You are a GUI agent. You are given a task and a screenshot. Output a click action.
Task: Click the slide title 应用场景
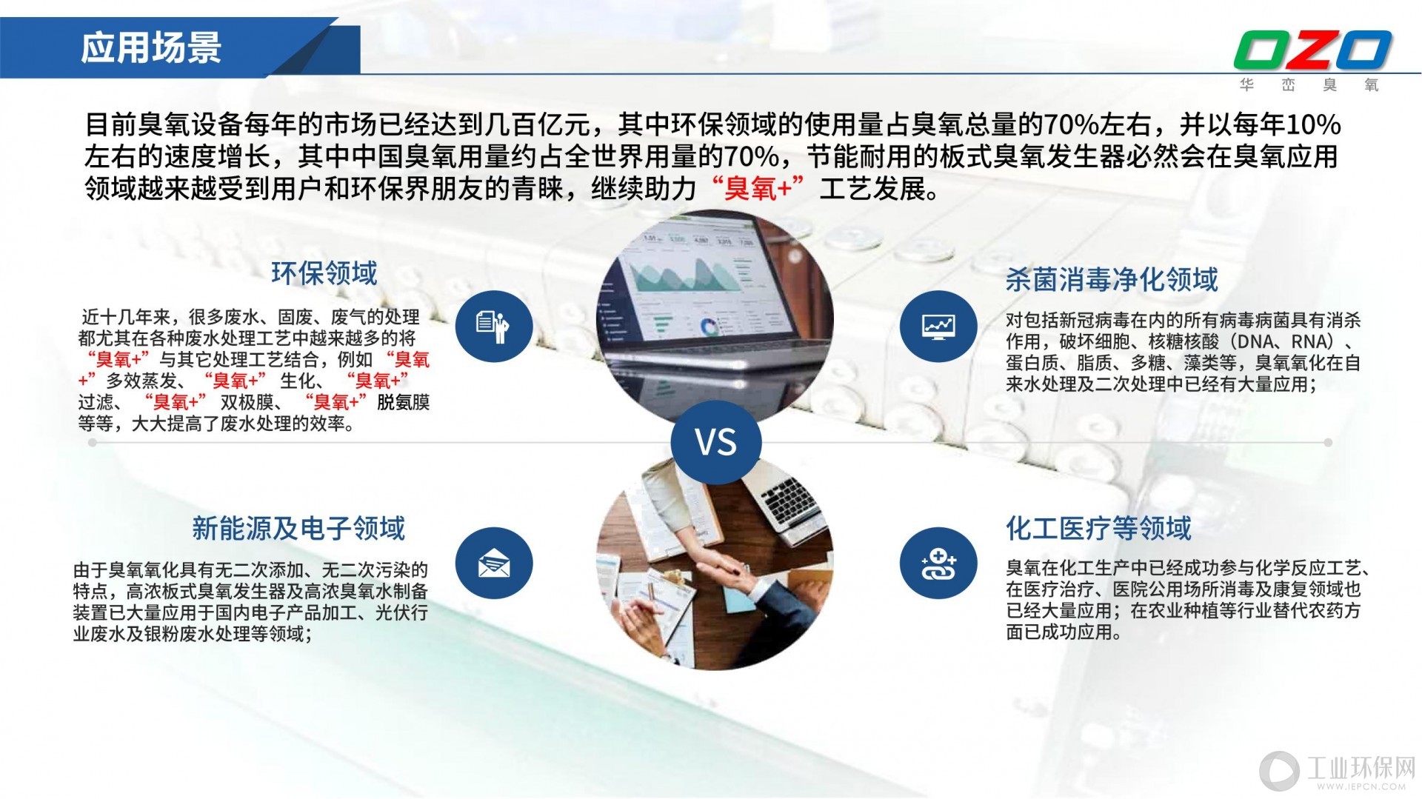[151, 47]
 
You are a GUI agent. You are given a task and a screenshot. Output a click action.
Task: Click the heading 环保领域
[324, 273]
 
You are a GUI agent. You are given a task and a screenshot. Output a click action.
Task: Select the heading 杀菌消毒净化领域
[1112, 279]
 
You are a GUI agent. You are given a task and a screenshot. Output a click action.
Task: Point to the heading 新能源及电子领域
[298, 528]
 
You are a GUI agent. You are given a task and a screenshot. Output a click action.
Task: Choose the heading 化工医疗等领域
[1098, 528]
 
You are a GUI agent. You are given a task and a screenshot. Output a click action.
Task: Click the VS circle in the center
[716, 442]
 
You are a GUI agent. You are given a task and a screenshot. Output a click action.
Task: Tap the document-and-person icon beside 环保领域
[493, 326]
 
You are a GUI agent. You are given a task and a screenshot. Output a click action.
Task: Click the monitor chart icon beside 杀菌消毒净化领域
[938, 326]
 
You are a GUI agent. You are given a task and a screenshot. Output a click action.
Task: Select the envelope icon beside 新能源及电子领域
[493, 564]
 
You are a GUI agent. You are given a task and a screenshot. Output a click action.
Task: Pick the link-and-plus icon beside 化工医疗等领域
[938, 564]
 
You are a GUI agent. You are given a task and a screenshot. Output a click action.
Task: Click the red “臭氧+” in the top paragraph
[757, 189]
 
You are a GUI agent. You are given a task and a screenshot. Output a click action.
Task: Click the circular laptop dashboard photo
[715, 315]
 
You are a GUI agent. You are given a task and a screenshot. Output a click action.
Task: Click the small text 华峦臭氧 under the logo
[1309, 85]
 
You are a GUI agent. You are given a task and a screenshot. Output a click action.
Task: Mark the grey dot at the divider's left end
[93, 442]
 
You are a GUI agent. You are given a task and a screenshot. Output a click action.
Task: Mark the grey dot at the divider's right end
[1328, 442]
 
